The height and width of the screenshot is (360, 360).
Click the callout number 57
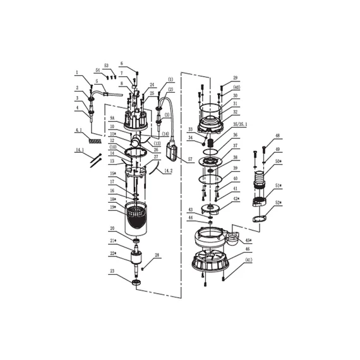coord(189,160)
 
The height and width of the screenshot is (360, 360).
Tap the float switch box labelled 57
coord(172,150)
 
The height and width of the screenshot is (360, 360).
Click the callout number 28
coord(157,255)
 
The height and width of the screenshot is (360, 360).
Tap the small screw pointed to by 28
coord(143,268)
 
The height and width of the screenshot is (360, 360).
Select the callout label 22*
coord(112,253)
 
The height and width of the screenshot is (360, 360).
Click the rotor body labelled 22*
coord(134,259)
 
